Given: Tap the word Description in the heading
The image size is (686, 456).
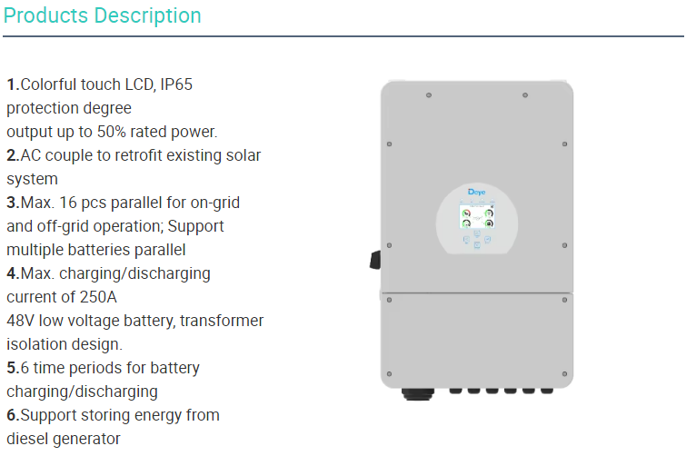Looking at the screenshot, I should click(145, 15).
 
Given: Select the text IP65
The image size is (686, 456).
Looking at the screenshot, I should click(176, 84).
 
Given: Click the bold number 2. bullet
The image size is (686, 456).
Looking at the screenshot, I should click(13, 155).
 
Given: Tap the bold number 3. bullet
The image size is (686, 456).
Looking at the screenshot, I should click(13, 203).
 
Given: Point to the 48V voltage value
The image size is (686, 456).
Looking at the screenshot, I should click(22, 321).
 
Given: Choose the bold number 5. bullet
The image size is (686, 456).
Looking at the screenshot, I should click(13, 368).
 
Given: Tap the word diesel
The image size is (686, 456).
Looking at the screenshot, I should click(28, 439).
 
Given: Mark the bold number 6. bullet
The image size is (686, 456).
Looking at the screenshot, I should click(13, 415).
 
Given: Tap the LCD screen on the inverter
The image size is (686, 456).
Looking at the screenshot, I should click(477, 218).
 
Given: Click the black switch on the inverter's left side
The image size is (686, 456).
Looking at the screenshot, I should click(374, 260).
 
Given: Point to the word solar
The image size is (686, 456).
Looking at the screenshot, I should click(240, 155).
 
